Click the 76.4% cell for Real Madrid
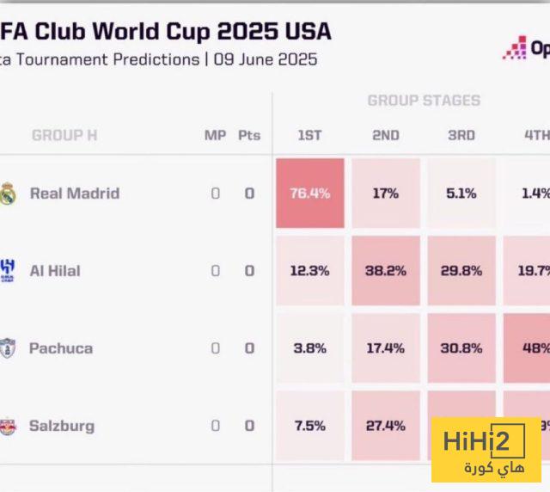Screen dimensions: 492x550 309,193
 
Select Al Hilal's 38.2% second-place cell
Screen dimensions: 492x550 385,270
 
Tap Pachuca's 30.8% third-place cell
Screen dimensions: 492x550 461,347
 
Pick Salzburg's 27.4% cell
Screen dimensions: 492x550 385,425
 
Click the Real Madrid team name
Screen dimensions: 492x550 75,193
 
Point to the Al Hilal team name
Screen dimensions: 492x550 55,270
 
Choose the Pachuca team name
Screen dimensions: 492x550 61,347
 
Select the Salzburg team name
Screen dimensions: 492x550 62,425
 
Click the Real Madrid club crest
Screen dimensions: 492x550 8,193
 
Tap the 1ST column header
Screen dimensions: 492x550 309,135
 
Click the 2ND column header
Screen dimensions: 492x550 385,135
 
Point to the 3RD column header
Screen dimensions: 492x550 461,135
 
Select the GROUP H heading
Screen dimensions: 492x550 64,135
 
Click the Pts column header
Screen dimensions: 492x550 249,135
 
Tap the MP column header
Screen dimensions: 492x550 215,135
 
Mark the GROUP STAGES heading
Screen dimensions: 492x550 424,101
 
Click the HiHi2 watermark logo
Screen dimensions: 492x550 486,449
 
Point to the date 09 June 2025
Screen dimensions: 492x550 265,59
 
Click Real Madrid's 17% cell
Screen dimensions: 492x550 385,193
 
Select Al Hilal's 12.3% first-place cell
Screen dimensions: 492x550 309,270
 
